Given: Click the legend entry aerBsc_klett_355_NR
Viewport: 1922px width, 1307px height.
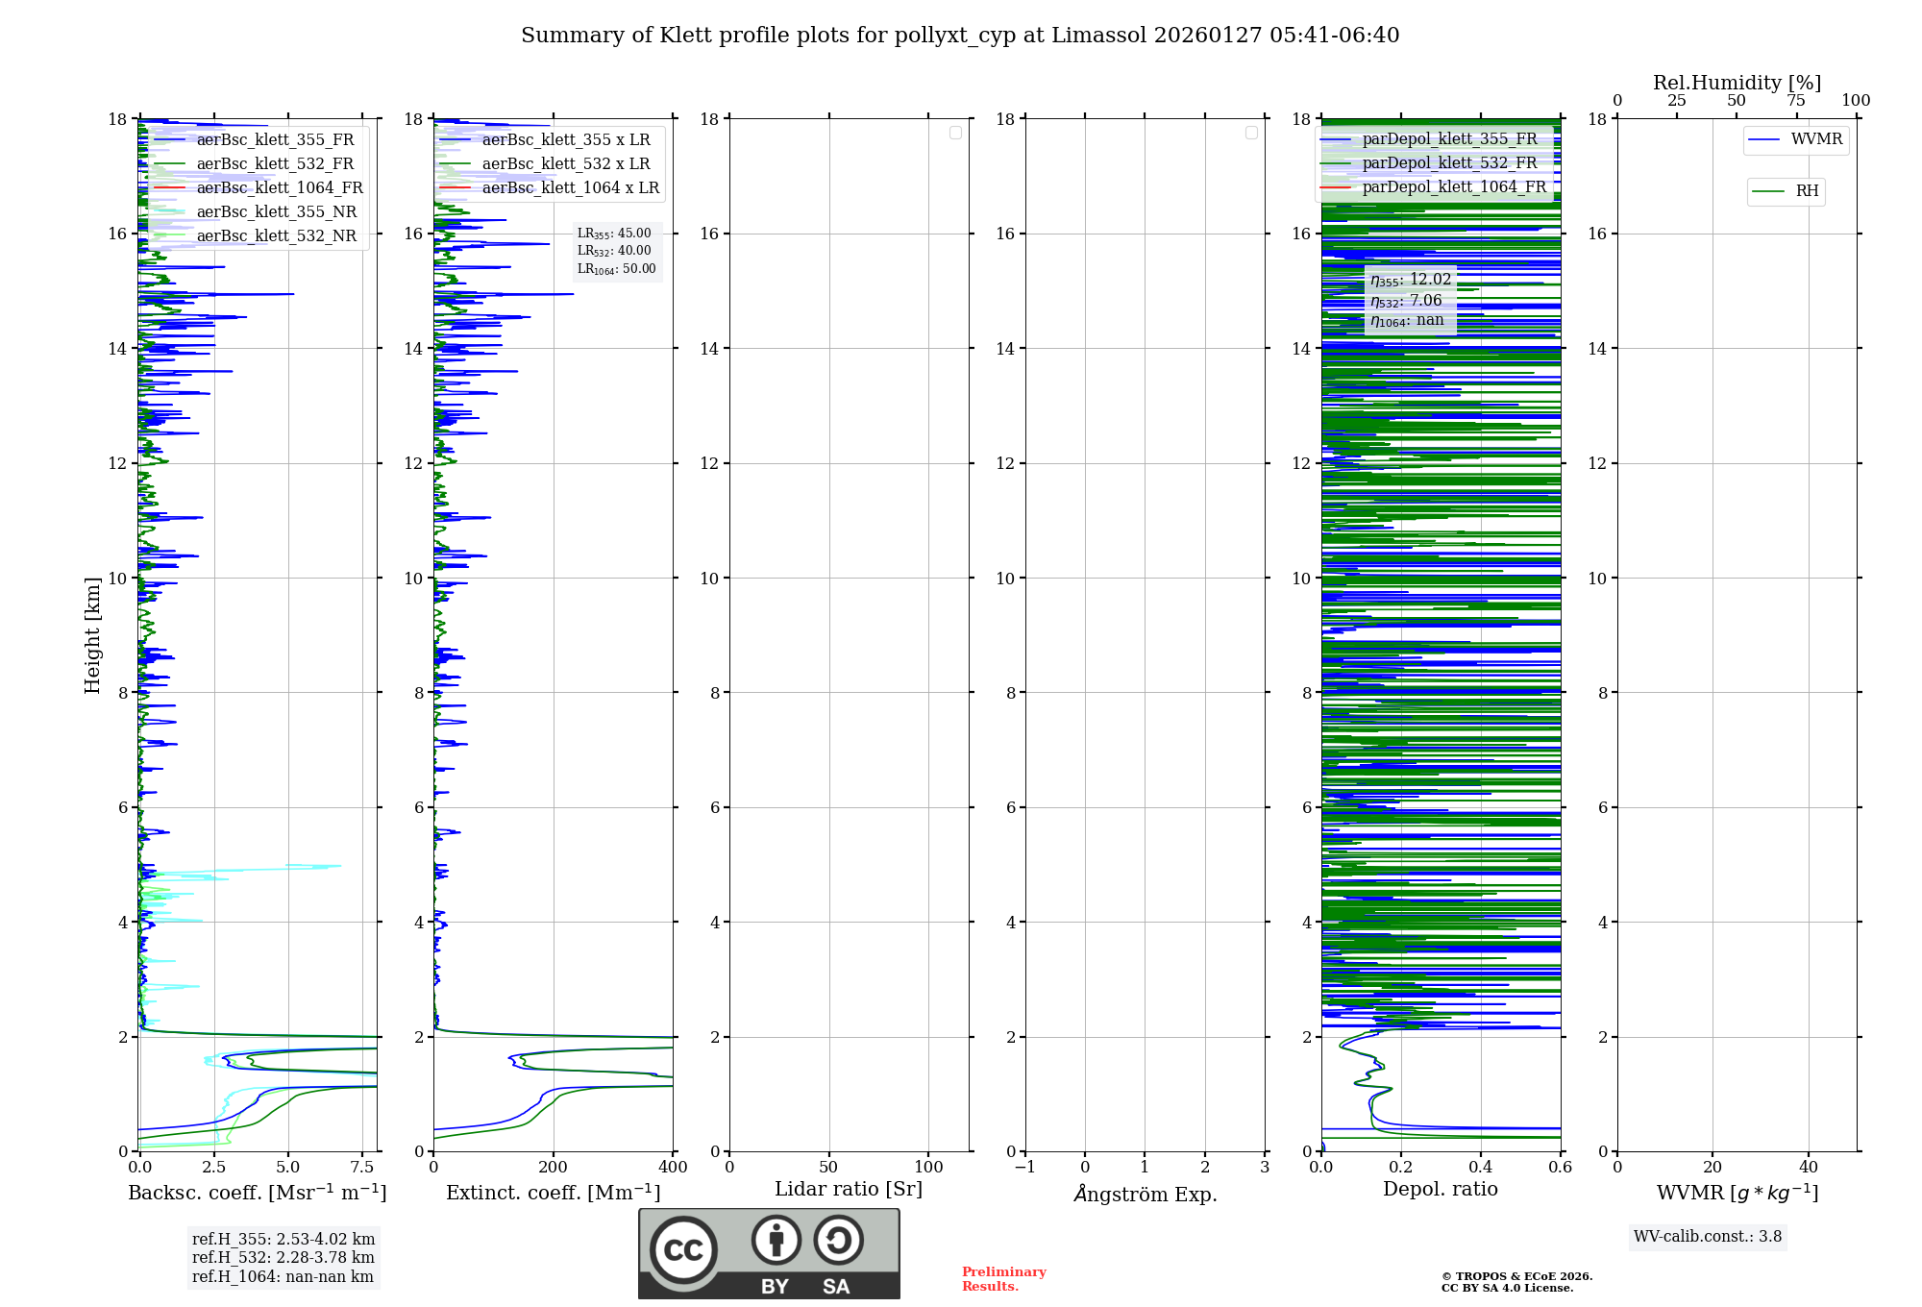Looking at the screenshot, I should click(x=276, y=211).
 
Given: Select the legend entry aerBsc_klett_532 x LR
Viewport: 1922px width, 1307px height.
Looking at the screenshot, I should click(x=565, y=163).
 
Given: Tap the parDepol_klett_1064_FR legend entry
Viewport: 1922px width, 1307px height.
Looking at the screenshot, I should click(x=1453, y=186).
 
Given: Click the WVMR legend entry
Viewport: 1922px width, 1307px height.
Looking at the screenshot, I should click(x=1815, y=139).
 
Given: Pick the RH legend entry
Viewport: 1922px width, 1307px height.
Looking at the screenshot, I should click(x=1806, y=191).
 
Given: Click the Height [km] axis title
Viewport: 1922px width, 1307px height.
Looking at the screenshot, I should click(x=92, y=634).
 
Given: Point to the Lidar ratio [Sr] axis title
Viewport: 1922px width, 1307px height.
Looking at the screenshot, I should click(x=849, y=1189).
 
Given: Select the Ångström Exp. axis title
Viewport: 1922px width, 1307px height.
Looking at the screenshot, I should click(x=1145, y=1194).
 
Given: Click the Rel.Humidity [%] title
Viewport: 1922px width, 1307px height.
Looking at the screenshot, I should click(x=1737, y=83).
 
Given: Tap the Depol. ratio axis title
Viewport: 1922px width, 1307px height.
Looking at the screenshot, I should click(x=1440, y=1189).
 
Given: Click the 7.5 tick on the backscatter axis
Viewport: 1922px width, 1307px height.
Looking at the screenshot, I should click(x=362, y=1167).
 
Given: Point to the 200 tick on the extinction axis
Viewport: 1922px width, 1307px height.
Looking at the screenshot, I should click(x=553, y=1167).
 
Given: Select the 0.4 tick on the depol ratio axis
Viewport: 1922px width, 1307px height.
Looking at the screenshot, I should click(x=1480, y=1167).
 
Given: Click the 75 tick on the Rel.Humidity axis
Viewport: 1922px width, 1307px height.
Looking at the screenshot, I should click(x=1795, y=100).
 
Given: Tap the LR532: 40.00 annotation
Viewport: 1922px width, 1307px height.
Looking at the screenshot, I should click(x=614, y=251).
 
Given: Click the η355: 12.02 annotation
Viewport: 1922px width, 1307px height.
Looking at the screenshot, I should click(x=1411, y=280).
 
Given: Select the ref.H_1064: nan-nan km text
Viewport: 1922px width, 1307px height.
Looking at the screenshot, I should click(x=283, y=1276).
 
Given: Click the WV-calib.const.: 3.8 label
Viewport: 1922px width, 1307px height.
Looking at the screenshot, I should click(x=1708, y=1237).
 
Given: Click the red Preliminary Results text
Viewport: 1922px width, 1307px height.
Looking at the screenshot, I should click(x=1003, y=1279).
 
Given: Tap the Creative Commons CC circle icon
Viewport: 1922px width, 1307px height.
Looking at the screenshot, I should click(x=683, y=1249).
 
